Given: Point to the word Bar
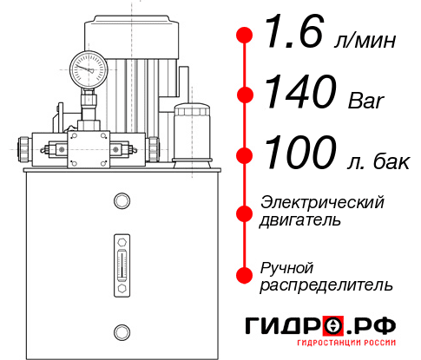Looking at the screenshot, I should point(365,101).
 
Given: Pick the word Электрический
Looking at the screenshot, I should point(322,202).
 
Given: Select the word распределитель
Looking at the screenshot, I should point(326,285).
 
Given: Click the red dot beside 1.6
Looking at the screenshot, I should point(246,36).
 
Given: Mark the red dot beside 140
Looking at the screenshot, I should point(246,95).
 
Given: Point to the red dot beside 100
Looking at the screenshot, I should point(246,154).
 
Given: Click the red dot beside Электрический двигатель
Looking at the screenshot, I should point(246,213).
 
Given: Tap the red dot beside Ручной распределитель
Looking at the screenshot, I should point(246,274).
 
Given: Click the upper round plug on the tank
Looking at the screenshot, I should point(122,201).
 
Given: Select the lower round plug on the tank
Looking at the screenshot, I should point(122,330).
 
